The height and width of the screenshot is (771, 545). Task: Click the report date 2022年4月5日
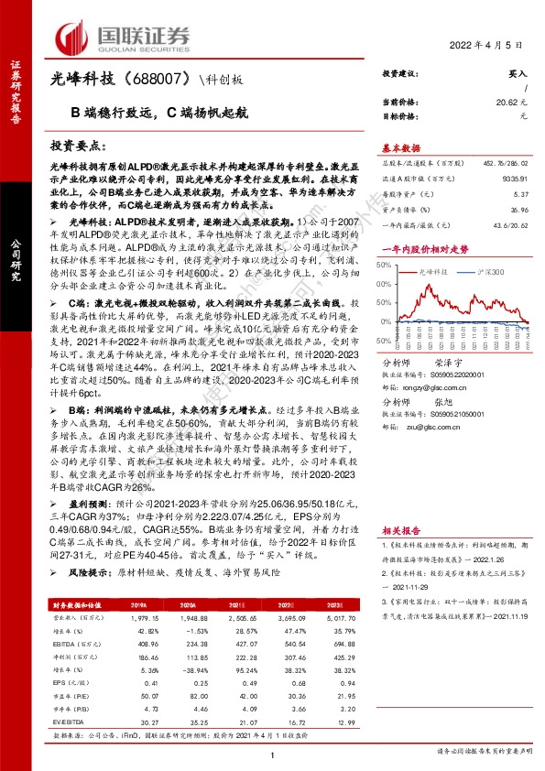coord(487,45)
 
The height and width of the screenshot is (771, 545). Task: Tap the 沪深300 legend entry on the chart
coord(491,273)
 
